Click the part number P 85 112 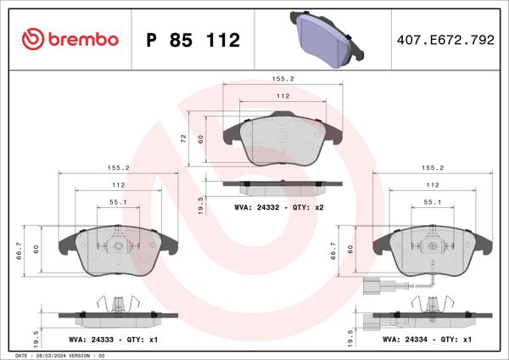[x=194, y=41]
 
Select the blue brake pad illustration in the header [x=327, y=38]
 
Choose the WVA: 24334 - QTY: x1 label [x=428, y=339]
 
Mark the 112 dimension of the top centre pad [x=283, y=96]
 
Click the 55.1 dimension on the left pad [x=118, y=202]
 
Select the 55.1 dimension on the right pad [x=432, y=202]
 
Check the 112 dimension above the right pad [x=433, y=185]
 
